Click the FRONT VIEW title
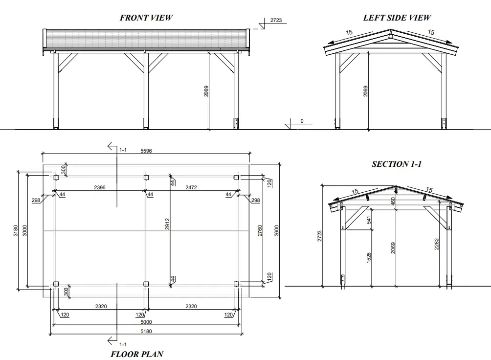(x=146, y=18)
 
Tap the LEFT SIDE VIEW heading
(x=397, y=18)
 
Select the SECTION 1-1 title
(x=397, y=164)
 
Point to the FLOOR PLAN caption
(x=137, y=354)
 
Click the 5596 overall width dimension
(x=146, y=151)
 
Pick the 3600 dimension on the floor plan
(x=276, y=230)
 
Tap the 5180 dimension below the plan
(x=146, y=331)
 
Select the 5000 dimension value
(x=146, y=322)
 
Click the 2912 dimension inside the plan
(x=167, y=224)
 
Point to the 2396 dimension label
(x=100, y=187)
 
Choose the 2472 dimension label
(x=191, y=187)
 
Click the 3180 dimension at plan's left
(x=16, y=230)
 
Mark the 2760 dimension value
(x=260, y=230)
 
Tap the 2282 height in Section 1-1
(x=437, y=244)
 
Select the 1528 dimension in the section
(x=369, y=258)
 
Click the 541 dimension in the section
(x=369, y=220)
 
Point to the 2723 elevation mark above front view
(x=276, y=20)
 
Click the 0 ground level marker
(x=302, y=121)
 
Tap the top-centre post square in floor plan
(x=146, y=178)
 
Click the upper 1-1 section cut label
(x=123, y=150)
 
